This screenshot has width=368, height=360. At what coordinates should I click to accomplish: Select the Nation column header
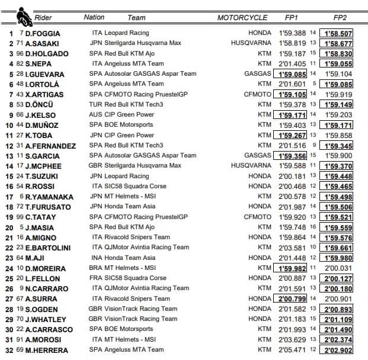pos(94,18)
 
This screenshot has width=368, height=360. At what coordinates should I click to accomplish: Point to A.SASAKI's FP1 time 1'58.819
pos(293,43)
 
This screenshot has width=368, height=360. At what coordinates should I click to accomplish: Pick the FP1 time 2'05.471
pos(293,350)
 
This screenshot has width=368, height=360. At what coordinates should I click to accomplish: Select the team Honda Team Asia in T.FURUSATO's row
pos(130,207)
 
